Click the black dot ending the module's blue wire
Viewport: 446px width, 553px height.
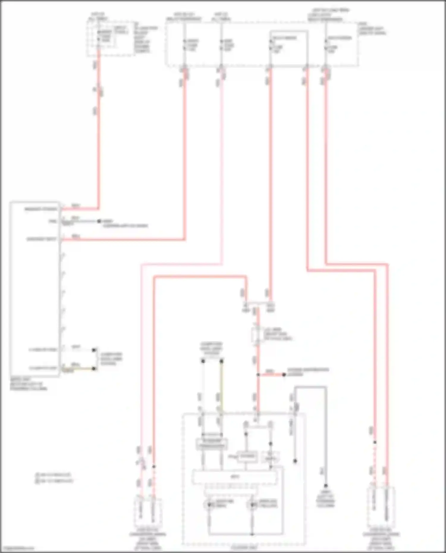(99, 221)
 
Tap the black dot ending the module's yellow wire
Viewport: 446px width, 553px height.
(94, 369)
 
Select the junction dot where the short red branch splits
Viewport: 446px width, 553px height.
(258, 375)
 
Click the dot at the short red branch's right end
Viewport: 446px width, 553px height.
(284, 375)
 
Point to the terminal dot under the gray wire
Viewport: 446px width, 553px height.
(326, 486)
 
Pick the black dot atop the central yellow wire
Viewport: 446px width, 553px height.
(222, 361)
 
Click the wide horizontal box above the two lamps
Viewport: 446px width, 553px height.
(235, 478)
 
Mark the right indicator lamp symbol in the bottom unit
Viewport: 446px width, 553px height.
(252, 505)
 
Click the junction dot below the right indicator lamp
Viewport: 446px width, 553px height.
(252, 534)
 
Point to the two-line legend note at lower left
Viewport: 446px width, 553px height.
(54, 478)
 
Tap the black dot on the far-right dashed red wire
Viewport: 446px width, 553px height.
(375, 442)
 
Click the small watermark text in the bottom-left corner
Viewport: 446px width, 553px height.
(17, 548)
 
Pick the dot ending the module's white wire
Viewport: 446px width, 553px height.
(94, 350)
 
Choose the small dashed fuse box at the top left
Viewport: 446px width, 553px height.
(110, 39)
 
